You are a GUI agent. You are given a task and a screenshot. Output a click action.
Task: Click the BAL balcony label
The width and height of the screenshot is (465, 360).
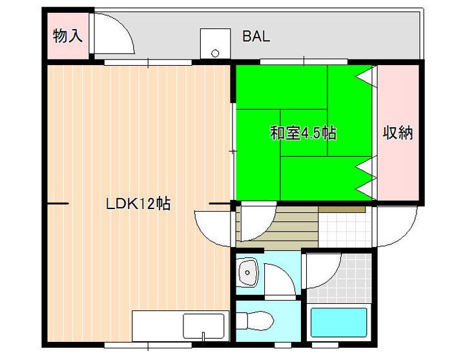point(256,37)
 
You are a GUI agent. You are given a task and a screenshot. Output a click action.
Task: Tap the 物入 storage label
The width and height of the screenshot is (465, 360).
point(67,36)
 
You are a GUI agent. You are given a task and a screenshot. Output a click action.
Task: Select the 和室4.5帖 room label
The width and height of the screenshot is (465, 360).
point(303,134)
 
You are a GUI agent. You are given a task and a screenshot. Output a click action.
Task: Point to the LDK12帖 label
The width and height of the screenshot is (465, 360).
point(138,204)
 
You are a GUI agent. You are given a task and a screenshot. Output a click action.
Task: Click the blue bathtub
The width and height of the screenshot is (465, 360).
point(338,323)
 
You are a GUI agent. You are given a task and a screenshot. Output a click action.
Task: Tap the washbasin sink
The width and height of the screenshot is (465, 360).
point(248,273)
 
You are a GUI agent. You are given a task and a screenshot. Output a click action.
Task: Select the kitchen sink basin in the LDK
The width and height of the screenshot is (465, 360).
point(203,326)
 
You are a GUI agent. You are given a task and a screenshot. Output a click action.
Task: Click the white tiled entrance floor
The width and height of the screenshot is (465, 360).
point(346,228)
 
